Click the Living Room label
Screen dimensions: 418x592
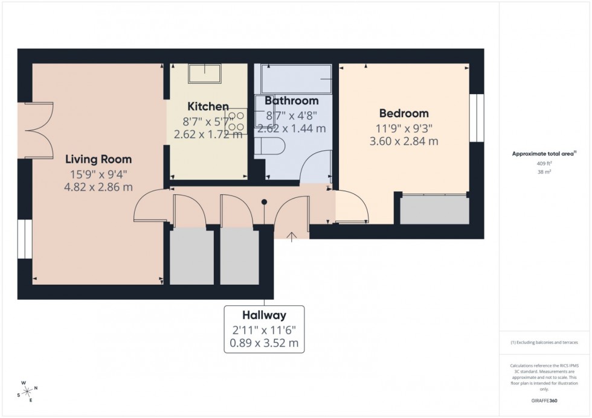point(98,159)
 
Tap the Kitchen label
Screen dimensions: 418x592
point(208,106)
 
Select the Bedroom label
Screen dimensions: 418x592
point(404,113)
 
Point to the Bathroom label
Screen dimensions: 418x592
point(291,101)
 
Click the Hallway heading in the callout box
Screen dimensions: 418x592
point(264,315)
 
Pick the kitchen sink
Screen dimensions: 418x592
point(205,74)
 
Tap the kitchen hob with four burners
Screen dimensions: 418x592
point(236,121)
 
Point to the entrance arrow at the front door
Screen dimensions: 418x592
point(292,236)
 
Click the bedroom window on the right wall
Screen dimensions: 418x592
point(477,118)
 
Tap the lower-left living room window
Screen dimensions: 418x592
point(25,239)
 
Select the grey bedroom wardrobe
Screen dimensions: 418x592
point(434,210)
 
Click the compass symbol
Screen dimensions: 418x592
point(28,390)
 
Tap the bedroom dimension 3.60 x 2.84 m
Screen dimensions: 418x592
point(404,142)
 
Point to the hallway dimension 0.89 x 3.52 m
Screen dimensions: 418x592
point(264,344)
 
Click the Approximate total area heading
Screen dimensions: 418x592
point(544,154)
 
